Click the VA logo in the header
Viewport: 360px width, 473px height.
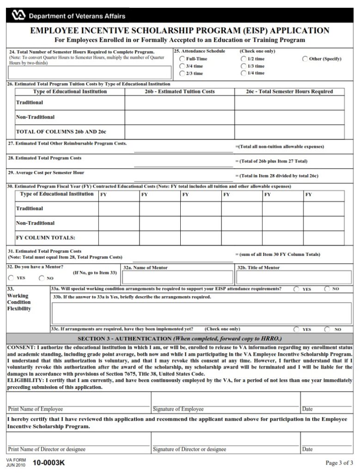pos(17,16)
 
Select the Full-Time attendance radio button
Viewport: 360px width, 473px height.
pos(182,59)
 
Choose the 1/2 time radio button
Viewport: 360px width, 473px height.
pos(244,59)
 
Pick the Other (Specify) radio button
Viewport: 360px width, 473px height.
pos(305,59)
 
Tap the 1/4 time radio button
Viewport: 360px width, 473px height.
pos(244,73)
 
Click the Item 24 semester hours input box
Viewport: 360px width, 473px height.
pos(90,73)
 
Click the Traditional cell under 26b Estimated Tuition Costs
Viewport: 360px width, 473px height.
pos(179,103)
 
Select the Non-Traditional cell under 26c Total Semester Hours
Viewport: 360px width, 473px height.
pos(289,117)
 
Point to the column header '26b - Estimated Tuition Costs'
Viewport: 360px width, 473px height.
pos(179,91)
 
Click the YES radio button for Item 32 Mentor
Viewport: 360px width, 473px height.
pos(11,278)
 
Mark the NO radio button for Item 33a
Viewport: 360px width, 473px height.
pos(327,289)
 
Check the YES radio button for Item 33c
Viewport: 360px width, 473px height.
pos(296,329)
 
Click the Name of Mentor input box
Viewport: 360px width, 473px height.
pos(177,277)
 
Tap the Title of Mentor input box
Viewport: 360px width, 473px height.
pos(290,277)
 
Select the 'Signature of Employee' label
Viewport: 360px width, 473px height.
pos(178,409)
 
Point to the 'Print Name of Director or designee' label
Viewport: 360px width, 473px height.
pos(47,449)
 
